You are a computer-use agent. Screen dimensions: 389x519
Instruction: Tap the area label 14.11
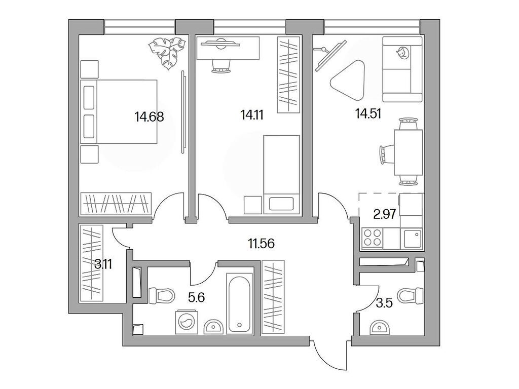pos(252,114)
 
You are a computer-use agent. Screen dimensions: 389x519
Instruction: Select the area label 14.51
pos(368,113)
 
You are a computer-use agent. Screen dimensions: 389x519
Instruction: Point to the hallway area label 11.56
pos(261,244)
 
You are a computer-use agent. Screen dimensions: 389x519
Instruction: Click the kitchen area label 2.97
pos(384,214)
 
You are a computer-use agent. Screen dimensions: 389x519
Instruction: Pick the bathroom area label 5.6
pos(196,298)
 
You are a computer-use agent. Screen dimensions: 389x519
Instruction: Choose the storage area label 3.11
pos(103,263)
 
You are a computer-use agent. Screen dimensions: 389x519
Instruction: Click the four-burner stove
pos(374,238)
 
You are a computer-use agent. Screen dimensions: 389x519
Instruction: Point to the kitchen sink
pos(412,237)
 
